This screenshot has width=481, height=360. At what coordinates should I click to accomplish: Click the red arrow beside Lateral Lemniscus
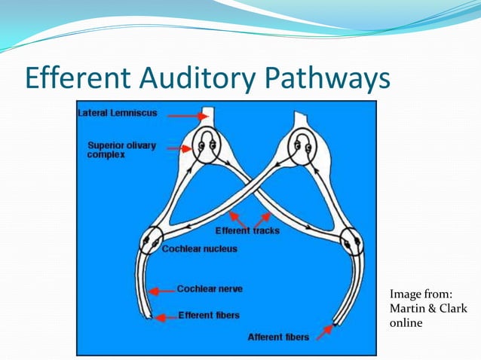[x=189, y=115]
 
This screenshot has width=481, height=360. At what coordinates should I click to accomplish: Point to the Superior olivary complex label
[x=121, y=149]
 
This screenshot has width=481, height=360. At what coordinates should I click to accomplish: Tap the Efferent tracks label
[x=247, y=230]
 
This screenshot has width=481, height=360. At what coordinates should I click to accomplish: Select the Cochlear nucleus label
[x=200, y=249]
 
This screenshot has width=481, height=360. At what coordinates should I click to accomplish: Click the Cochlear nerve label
[x=210, y=288]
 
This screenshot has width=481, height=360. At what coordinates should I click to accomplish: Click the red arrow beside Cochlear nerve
[x=162, y=290]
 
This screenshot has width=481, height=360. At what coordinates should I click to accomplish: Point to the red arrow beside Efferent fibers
[x=164, y=316]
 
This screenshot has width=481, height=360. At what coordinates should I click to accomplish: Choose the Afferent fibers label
[x=278, y=337]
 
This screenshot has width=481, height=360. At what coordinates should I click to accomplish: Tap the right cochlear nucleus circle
[x=352, y=243]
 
